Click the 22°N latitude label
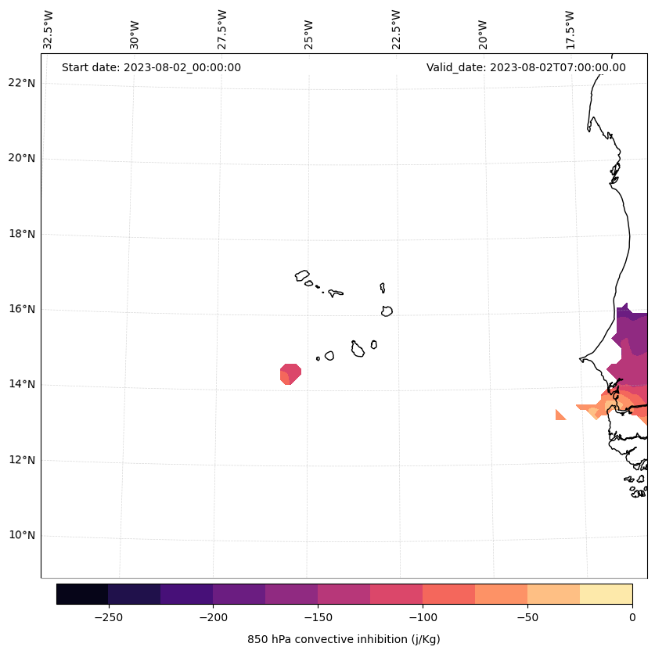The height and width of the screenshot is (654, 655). click(x=21, y=83)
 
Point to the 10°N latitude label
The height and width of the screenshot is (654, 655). click(x=21, y=536)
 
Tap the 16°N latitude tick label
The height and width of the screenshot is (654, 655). click(x=21, y=309)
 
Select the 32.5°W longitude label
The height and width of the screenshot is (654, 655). click(x=48, y=30)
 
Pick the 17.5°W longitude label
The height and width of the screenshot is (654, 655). click(x=570, y=30)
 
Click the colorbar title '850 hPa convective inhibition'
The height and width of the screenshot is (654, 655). click(x=344, y=639)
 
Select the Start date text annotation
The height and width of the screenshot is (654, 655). click(x=151, y=67)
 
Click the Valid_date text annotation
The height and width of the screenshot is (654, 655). click(x=526, y=67)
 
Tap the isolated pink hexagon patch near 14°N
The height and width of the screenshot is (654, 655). click(x=291, y=374)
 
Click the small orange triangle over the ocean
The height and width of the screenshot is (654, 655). click(x=560, y=415)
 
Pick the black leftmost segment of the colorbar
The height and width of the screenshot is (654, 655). click(x=82, y=594)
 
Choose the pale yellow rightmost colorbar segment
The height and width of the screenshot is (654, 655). click(x=606, y=594)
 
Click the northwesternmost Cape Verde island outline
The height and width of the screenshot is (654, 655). click(x=302, y=275)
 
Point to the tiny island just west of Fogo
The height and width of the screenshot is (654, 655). click(x=318, y=358)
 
